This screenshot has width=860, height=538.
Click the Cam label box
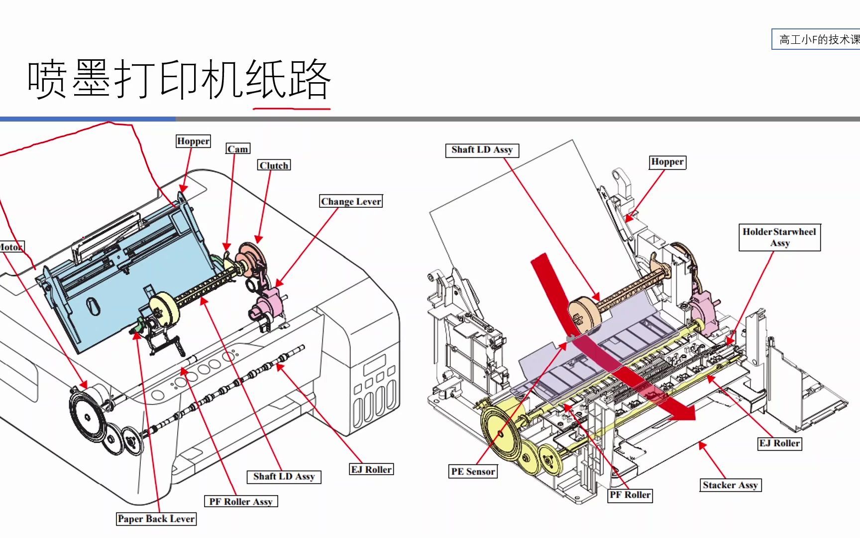[238, 149]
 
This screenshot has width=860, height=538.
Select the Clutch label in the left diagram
[274, 165]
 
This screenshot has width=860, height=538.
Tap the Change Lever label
[351, 201]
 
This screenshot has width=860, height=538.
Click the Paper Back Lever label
[156, 519]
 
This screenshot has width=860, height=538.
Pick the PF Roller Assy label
[240, 501]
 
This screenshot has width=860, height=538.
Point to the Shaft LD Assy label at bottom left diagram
[284, 476]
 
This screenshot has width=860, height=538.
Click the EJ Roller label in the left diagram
[371, 469]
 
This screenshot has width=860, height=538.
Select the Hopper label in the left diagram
[193, 141]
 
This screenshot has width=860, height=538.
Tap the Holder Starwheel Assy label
[779, 237]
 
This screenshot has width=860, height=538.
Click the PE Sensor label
[473, 471]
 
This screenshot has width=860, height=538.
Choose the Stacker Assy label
[730, 485]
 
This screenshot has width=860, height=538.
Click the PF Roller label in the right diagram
[630, 495]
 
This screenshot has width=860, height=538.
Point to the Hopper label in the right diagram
[667, 162]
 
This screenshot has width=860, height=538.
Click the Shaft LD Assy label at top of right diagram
[482, 150]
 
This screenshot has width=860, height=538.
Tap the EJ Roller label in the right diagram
[779, 443]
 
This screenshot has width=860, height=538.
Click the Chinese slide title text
[179, 80]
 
